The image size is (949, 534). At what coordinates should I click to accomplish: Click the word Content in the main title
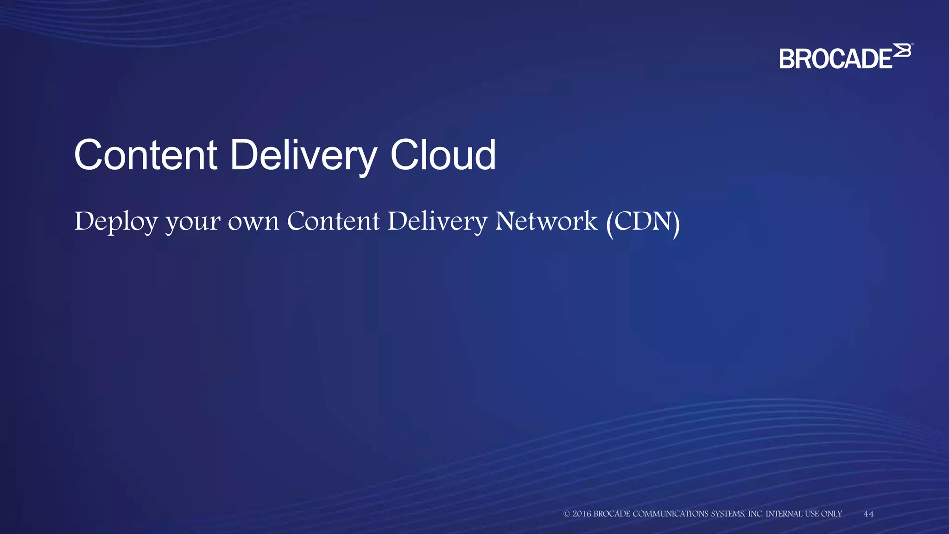[146, 155]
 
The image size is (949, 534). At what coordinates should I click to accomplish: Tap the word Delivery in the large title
[303, 155]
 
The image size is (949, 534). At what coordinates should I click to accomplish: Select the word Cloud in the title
[443, 155]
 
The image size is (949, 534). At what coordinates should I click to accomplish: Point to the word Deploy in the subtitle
[116, 222]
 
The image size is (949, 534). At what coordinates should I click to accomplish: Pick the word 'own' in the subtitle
[253, 222]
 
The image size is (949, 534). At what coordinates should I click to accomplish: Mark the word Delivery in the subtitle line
[437, 222]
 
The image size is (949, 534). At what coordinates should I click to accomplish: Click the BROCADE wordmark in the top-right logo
[835, 59]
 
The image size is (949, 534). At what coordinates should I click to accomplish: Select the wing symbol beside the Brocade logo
[902, 51]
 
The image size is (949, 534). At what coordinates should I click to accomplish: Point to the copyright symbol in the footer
[566, 514]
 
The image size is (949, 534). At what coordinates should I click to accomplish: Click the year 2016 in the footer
[582, 514]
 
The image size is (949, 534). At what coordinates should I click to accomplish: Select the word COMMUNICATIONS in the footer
[671, 514]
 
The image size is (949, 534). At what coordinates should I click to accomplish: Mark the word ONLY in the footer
[831, 514]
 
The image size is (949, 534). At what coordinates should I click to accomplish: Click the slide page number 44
[868, 514]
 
